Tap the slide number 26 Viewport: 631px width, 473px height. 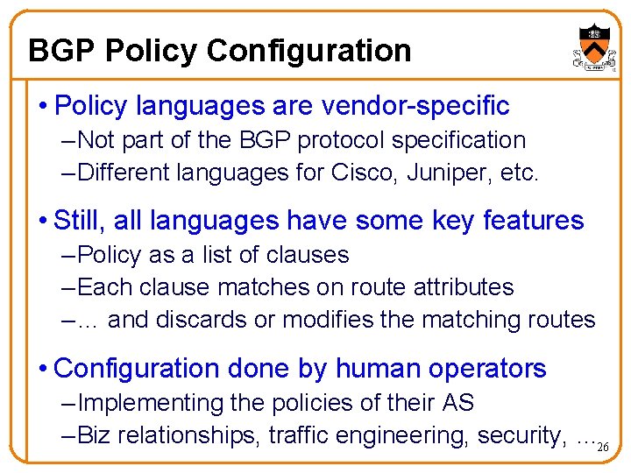point(602,448)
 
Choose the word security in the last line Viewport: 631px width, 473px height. point(518,435)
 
